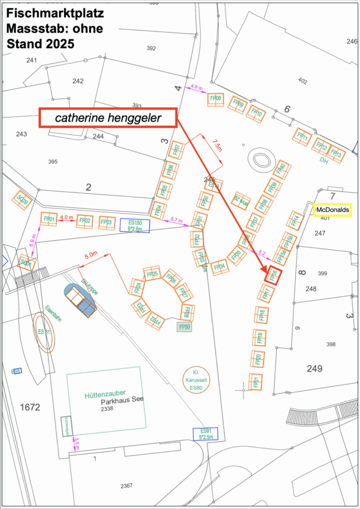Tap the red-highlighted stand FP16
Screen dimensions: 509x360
273,275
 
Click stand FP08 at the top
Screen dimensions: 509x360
216,99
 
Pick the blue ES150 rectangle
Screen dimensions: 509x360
135,225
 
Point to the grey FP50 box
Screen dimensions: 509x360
184,327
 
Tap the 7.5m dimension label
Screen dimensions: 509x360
218,146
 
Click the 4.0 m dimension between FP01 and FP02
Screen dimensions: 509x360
67,217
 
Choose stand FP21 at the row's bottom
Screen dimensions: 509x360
256,382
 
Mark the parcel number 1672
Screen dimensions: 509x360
30,407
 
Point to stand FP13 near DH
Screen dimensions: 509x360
336,152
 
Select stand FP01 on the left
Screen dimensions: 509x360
49,219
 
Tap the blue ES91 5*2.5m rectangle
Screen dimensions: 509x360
206,434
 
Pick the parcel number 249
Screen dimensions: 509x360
315,368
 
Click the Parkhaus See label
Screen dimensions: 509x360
122,400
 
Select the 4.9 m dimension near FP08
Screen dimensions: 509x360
197,88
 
